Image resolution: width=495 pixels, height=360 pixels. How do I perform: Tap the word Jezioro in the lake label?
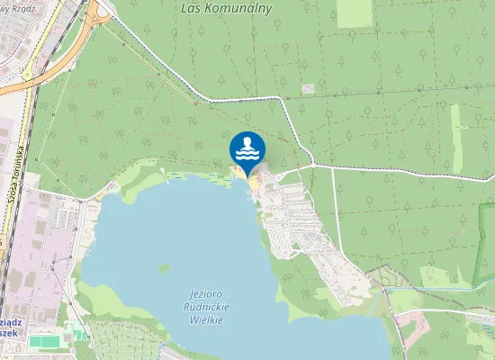tap(208, 294)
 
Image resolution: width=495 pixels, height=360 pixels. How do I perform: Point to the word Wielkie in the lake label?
tap(209, 319)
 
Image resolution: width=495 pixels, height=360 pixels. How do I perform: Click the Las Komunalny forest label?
tap(237, 6)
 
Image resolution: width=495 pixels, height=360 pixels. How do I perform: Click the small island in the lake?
tap(165, 267)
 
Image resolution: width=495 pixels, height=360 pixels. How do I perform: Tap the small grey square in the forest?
tap(309, 88)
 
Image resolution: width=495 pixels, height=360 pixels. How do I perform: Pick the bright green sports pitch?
tap(41, 341)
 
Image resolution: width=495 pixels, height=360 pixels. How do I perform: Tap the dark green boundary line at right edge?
tap(486, 270)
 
